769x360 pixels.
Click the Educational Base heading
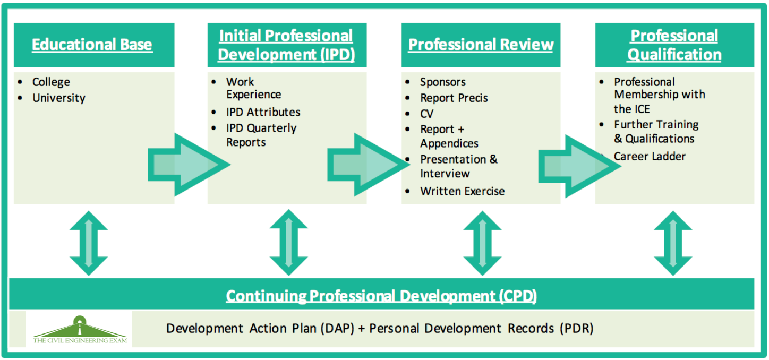pyautogui.click(x=92, y=45)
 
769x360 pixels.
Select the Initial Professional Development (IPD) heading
pyautogui.click(x=286, y=45)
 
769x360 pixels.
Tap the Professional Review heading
pyautogui.click(x=481, y=45)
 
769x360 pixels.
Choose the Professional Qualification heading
pyautogui.click(x=674, y=45)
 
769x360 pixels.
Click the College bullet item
pyautogui.click(x=51, y=82)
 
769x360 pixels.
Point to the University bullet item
pyautogui.click(x=58, y=98)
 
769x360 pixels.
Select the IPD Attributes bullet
pyautogui.click(x=263, y=112)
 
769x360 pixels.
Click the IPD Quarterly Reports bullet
pyautogui.click(x=261, y=135)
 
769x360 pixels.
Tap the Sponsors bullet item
pyautogui.click(x=442, y=82)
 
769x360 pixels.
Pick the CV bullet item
pyautogui.click(x=426, y=114)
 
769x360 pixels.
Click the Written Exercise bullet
pyautogui.click(x=462, y=191)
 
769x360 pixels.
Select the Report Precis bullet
pyautogui.click(x=454, y=98)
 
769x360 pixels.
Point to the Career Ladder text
pyautogui.click(x=650, y=156)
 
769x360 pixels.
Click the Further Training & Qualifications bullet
pyautogui.click(x=656, y=131)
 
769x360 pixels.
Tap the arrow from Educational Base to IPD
pyautogui.click(x=189, y=165)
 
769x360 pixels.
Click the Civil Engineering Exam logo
pyautogui.click(x=79, y=330)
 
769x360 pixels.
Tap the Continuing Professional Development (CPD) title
pyautogui.click(x=381, y=295)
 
